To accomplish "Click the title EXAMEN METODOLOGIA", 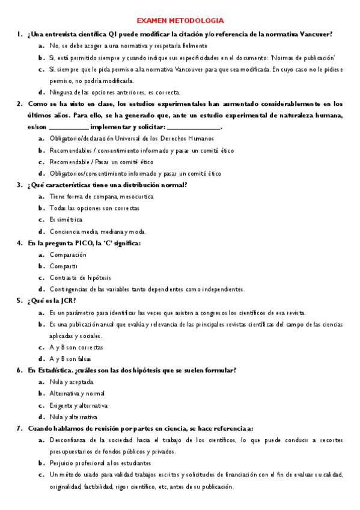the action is click(180, 20).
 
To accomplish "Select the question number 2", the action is click(19, 103).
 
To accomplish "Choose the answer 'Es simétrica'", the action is click(66, 220).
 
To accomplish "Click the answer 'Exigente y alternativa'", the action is click(79, 405).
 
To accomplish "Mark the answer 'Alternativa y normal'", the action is click(78, 394).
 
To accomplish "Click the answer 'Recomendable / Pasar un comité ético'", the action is click(101, 162).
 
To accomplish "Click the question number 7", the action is click(19, 428).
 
